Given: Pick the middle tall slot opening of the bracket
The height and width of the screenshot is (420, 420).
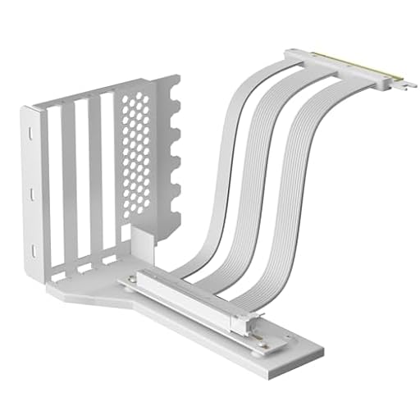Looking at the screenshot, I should click(x=83, y=176).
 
